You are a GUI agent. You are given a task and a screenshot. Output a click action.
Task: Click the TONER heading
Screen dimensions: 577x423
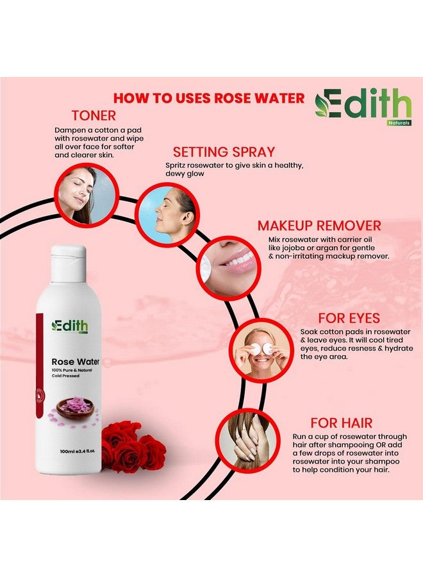click(94, 116)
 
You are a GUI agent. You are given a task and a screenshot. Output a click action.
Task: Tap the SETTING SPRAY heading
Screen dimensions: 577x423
click(224, 152)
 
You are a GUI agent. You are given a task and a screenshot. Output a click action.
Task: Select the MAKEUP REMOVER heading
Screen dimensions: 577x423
click(319, 226)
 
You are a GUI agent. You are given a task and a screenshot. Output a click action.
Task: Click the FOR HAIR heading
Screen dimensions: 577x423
click(341, 423)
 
